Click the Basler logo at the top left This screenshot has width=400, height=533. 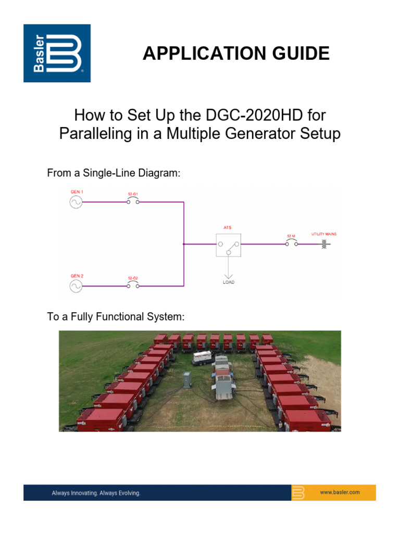[57, 53]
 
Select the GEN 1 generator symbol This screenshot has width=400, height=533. [76, 202]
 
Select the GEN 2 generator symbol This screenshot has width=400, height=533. [76, 286]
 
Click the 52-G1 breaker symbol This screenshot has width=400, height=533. [133, 202]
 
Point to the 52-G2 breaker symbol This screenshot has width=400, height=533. [133, 286]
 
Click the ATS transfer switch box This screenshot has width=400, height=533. [229, 244]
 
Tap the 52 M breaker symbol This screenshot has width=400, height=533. [291, 244]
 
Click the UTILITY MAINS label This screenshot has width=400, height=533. [323, 234]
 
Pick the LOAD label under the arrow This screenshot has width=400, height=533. [229, 282]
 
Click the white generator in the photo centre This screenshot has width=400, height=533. [202, 358]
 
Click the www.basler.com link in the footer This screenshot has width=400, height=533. [340, 492]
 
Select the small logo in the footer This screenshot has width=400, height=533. [298, 492]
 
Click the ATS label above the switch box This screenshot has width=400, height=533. [227, 227]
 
